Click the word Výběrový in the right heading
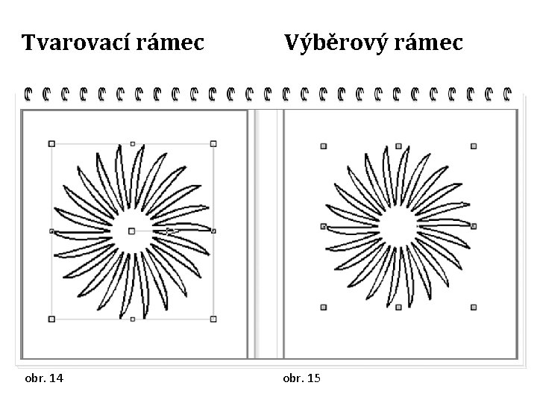coord(336,44)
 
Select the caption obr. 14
coord(43,378)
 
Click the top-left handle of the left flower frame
coord(51,143)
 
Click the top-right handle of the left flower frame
coord(213,143)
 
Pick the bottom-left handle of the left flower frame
coord(51,319)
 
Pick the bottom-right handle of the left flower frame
coord(213,319)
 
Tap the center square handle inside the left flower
coord(132,231)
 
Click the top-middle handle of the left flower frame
coord(133,143)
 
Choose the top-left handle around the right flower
coord(324,146)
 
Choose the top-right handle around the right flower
coord(474,146)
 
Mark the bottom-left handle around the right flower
coord(324,306)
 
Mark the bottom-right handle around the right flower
coord(474,306)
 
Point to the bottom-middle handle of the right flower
coord(399,306)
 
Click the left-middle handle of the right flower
coord(324,226)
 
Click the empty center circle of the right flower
coord(399,226)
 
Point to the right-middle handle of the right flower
coord(474,226)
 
